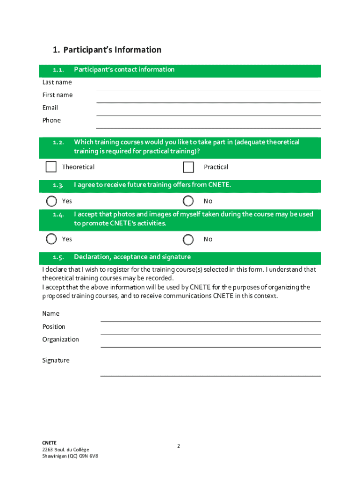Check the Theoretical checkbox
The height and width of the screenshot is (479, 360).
pos(51,167)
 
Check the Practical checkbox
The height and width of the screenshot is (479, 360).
pos(188,167)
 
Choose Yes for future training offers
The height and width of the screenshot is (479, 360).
pos(51,201)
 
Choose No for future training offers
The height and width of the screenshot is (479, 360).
pos(188,201)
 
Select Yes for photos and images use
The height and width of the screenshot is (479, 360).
pos(51,239)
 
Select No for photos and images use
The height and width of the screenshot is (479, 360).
pos(188,239)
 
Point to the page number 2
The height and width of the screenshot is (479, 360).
pos(179,446)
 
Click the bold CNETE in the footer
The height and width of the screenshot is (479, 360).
pos(49,442)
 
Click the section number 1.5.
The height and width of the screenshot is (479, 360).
pos(58,257)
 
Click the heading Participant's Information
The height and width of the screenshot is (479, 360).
pos(112,50)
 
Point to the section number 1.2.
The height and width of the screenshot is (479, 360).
pos(58,142)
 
